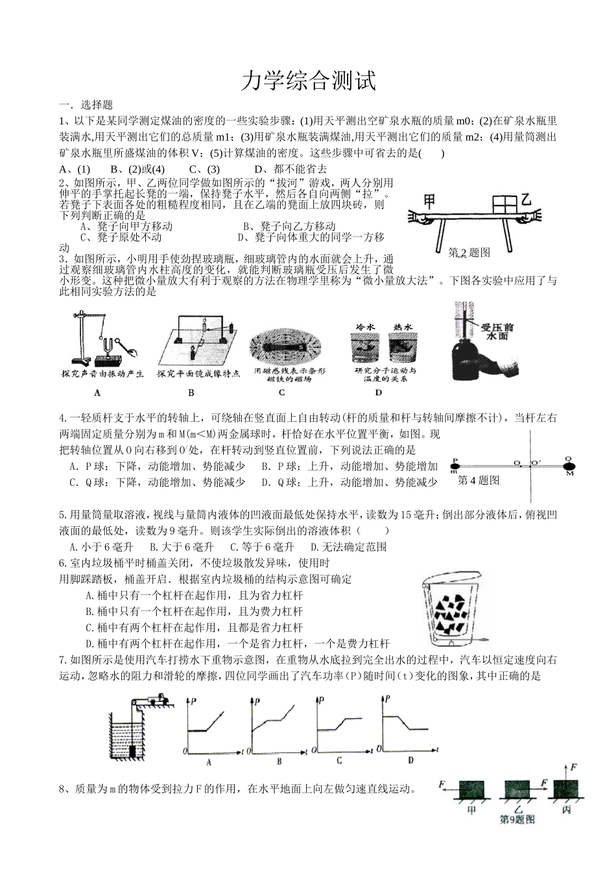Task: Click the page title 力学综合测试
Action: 308,82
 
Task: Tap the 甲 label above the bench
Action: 431,201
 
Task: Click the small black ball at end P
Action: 456,464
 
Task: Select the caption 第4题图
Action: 479,480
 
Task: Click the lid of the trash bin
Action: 451,579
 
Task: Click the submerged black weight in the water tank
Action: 134,751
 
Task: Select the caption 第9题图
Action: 517,819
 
